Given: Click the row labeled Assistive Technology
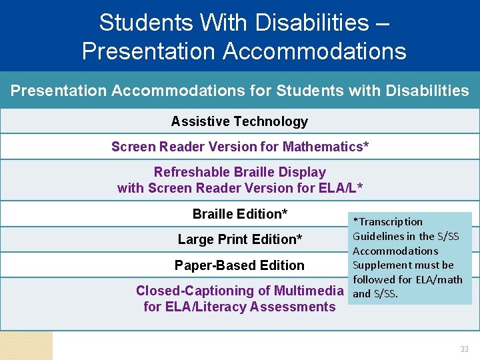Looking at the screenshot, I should coord(239,121).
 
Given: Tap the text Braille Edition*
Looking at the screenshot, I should coord(240,214).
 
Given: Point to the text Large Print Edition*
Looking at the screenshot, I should coord(240,239).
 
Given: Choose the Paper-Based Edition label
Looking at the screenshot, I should coord(239,265).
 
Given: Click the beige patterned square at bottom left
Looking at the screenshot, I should coord(26,345).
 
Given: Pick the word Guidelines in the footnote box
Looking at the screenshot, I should coord(378,236).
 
